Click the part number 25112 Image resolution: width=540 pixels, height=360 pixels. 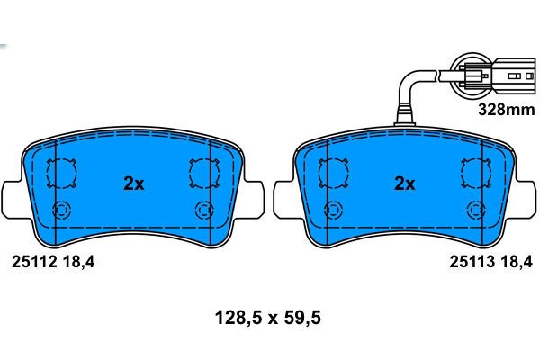click(34, 263)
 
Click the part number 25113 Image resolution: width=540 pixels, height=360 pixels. click(472, 262)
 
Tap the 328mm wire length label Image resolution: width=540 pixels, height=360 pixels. click(507, 110)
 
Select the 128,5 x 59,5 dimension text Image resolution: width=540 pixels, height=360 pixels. click(268, 318)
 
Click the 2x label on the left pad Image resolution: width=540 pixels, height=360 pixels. click(133, 184)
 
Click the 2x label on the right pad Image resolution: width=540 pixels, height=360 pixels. click(404, 184)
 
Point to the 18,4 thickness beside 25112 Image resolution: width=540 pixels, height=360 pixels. click(78, 263)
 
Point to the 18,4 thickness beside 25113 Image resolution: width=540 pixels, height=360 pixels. click(517, 262)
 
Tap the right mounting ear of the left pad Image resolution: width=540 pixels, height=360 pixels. click(253, 199)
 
